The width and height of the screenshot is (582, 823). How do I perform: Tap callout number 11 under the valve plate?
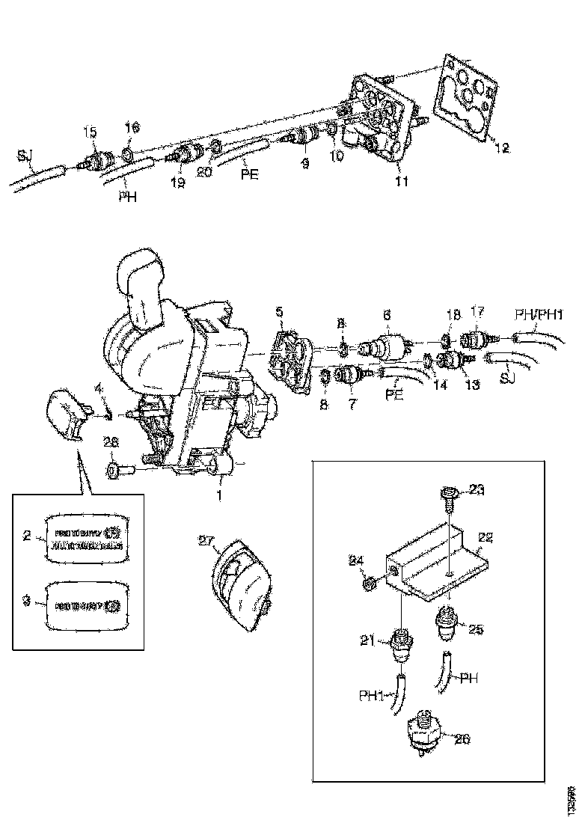(401, 181)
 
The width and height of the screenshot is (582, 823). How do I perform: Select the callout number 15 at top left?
(90, 133)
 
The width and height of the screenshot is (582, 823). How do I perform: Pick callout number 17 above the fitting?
(477, 310)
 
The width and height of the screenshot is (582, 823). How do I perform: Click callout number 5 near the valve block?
(280, 310)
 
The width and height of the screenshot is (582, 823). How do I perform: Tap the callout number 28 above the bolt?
(111, 444)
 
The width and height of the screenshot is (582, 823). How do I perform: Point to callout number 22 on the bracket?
(485, 537)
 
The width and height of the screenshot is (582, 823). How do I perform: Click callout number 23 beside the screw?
(476, 491)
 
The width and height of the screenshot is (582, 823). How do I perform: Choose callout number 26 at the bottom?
(462, 739)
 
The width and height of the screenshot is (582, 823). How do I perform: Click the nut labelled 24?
(369, 583)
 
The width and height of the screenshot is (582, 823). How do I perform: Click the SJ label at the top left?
(25, 156)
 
